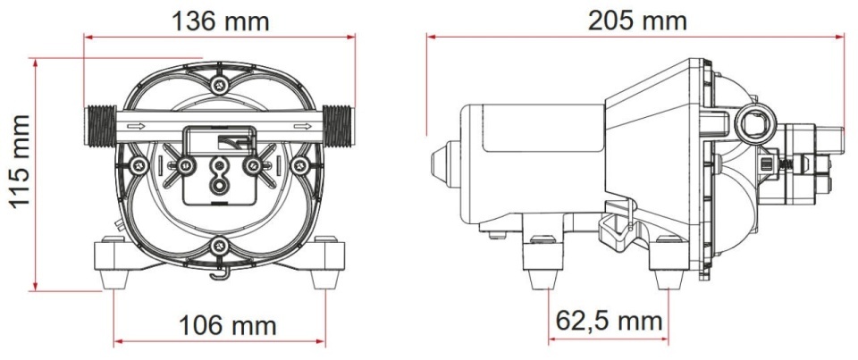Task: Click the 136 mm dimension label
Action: (220, 21)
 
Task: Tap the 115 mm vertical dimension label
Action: (21, 162)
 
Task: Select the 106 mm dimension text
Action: (228, 326)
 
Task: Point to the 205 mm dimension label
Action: (637, 21)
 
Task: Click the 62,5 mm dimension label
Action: (609, 321)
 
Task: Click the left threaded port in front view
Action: (100, 126)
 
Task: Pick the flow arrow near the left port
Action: (136, 126)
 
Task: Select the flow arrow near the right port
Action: (302, 126)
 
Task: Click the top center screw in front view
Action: (220, 84)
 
